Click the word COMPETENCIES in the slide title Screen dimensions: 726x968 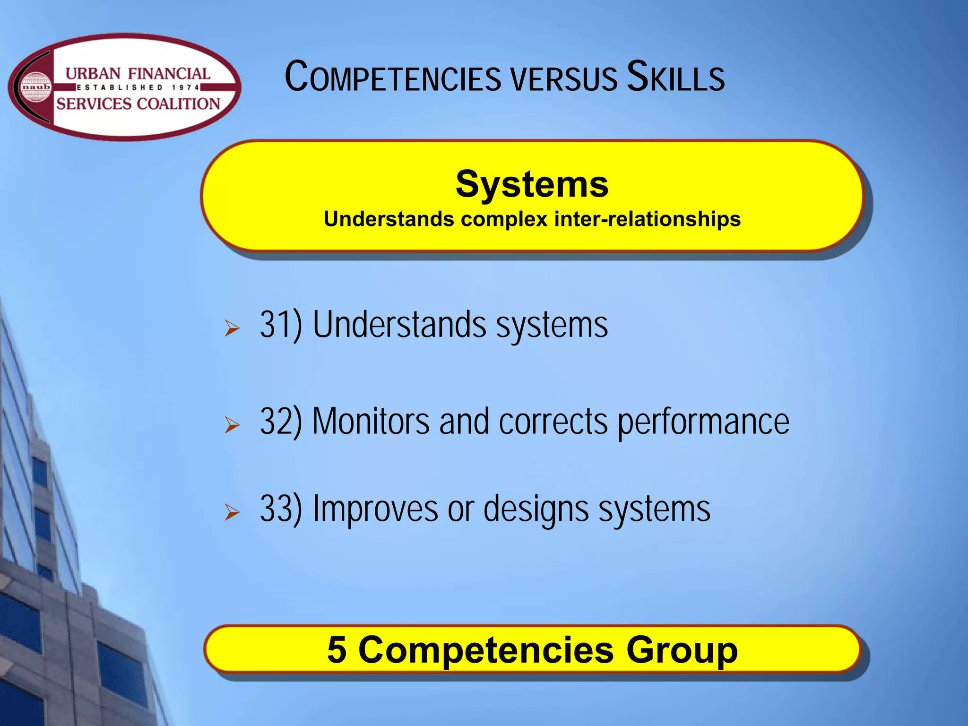(x=393, y=78)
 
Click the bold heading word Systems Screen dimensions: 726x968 (x=532, y=184)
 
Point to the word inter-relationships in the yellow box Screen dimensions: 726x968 (x=647, y=219)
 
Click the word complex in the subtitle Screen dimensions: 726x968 (x=504, y=220)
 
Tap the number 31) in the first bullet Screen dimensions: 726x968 (x=281, y=325)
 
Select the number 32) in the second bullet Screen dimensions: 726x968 (x=281, y=421)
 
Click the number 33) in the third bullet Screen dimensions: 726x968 (x=281, y=509)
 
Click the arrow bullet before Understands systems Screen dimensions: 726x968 (x=232, y=328)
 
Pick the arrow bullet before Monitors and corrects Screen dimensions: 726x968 (x=232, y=424)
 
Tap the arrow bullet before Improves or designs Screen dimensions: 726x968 (x=232, y=512)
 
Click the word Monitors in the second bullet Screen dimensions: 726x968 (x=371, y=421)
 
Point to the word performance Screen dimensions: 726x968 (x=703, y=422)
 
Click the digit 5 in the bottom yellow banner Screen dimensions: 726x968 (x=337, y=650)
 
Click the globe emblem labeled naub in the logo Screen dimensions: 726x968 (x=36, y=87)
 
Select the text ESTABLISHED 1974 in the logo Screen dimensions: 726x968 (x=138, y=87)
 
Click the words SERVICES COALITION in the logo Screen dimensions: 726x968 (x=138, y=104)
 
